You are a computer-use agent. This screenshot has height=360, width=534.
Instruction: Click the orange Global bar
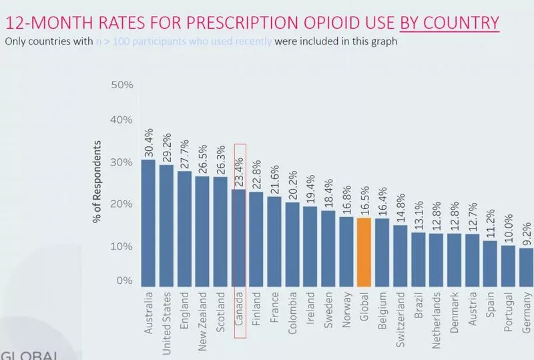pyautogui.click(x=364, y=252)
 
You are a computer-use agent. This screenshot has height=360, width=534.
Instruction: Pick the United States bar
pyautogui.click(x=166, y=225)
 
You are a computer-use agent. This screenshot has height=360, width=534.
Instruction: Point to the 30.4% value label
pyautogui.click(x=148, y=140)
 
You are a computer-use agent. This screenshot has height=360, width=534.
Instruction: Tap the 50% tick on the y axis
pyautogui.click(x=122, y=85)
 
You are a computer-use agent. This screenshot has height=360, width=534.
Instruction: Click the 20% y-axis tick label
pyautogui.click(x=122, y=203)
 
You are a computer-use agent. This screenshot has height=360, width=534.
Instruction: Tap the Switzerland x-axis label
pyautogui.click(x=400, y=316)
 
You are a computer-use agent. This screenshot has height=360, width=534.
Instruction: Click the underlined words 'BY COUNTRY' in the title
pyautogui.click(x=449, y=23)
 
